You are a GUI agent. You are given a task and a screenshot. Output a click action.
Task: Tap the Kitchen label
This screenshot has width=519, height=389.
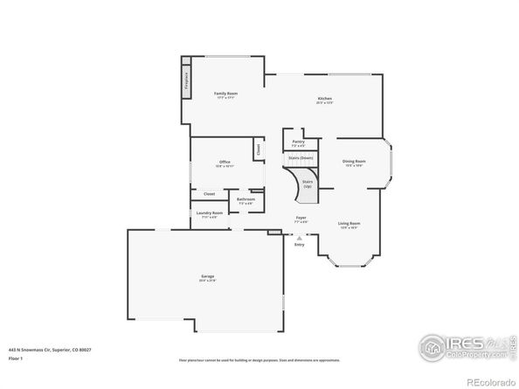pyautogui.click(x=324, y=99)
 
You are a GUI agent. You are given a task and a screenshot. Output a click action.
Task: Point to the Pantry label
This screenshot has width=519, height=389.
pyautogui.click(x=298, y=141)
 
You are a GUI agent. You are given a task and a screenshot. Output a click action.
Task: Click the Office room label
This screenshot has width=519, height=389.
pyautogui.click(x=225, y=162)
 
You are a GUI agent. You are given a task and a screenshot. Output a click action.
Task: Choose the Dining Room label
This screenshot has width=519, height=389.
pyautogui.click(x=354, y=162)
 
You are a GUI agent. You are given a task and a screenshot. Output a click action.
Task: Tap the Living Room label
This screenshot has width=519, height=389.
pyautogui.click(x=349, y=224)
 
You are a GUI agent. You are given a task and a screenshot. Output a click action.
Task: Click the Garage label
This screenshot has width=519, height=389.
pyautogui.click(x=206, y=277)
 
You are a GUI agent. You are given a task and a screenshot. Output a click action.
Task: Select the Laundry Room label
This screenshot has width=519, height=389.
pyautogui.click(x=210, y=213)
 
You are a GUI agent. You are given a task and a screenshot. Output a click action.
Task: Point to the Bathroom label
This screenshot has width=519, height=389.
pyautogui.click(x=246, y=199)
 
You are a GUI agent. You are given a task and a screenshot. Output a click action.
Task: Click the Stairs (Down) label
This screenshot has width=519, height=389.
pyautogui.click(x=301, y=157)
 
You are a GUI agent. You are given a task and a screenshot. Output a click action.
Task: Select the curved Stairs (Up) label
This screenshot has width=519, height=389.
pyautogui.click(x=308, y=184)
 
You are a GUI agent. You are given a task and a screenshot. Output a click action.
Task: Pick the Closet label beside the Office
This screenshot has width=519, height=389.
pyautogui.click(x=259, y=149)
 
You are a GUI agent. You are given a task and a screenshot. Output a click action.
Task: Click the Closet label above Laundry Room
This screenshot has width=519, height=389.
pyautogui.click(x=210, y=194)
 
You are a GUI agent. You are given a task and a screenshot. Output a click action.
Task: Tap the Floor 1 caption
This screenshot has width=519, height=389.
pyautogui.click(x=16, y=358)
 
